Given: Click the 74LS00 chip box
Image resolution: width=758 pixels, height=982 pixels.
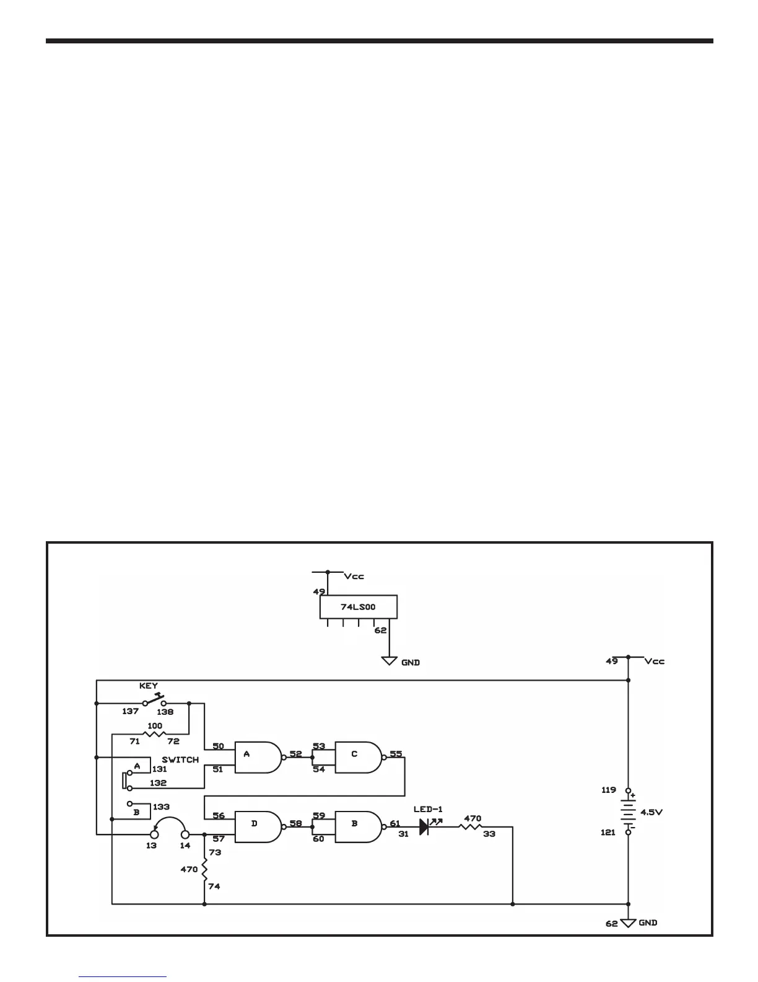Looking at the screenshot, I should [x=358, y=608].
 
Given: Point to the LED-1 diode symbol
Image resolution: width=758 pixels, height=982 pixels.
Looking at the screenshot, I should [x=425, y=826].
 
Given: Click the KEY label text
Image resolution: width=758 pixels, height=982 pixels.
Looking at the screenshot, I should [x=149, y=686].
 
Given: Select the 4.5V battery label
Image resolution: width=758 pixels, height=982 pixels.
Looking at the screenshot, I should [x=651, y=812].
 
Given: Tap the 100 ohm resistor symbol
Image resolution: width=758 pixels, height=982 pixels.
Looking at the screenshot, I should [x=155, y=735].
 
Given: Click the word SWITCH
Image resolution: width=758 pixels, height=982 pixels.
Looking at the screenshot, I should [x=180, y=759].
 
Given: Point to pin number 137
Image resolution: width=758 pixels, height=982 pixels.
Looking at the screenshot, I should [x=130, y=712].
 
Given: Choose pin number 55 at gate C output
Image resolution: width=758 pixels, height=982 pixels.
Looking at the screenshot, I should [x=396, y=754].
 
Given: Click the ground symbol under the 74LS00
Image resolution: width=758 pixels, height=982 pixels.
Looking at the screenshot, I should [x=389, y=661].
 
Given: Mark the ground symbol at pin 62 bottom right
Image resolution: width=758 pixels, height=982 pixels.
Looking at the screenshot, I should [x=629, y=924].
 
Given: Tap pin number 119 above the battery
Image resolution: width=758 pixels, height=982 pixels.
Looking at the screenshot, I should [x=608, y=790].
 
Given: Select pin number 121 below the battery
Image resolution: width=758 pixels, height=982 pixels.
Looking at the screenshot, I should [x=608, y=833].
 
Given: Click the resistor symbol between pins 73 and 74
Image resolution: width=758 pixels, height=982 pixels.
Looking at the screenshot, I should [x=204, y=869].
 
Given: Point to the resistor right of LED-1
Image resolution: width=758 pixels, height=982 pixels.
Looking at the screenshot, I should [x=471, y=826].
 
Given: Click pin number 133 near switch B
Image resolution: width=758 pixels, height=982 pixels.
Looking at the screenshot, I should [x=161, y=807].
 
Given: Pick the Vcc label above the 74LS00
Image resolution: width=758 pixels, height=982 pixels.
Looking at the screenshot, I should [x=354, y=576].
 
